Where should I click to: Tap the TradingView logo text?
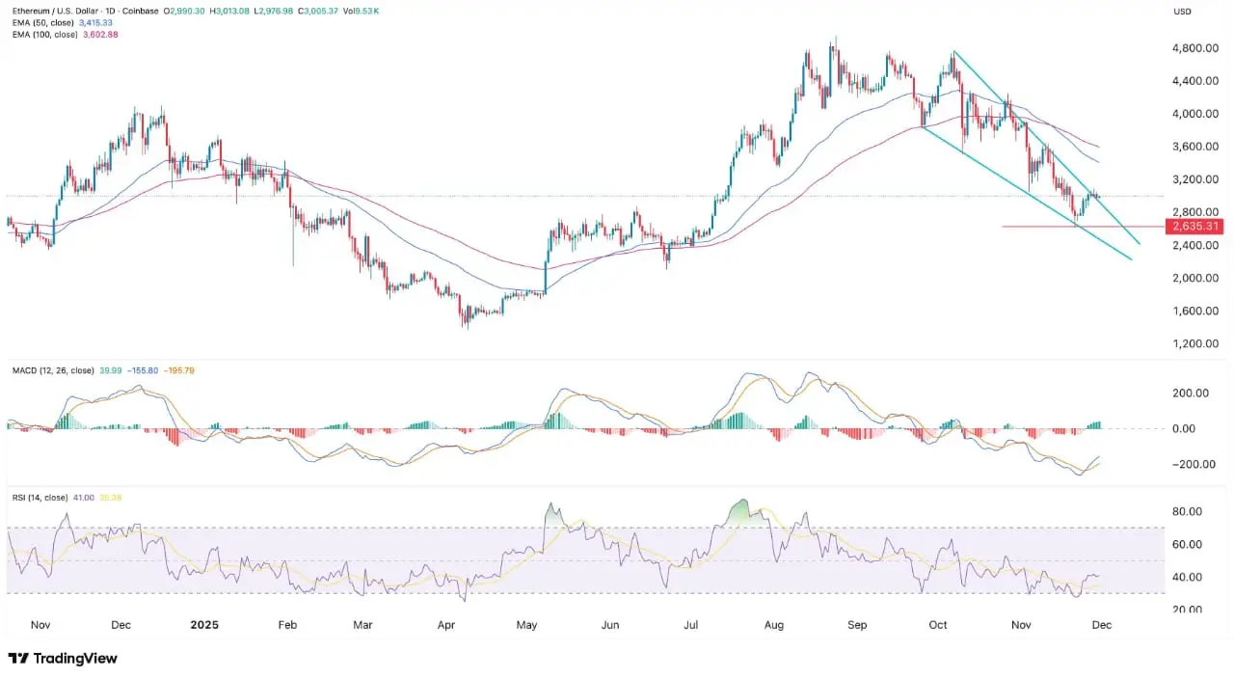tap(75, 658)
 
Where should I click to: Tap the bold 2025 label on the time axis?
tap(204, 624)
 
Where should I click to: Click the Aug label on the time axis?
tap(773, 624)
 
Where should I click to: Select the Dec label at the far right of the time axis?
tap(1102, 624)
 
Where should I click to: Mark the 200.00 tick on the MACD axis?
tap(1191, 394)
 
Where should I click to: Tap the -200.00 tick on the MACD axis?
tap(1189, 464)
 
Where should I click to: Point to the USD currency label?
tap(1182, 11)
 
